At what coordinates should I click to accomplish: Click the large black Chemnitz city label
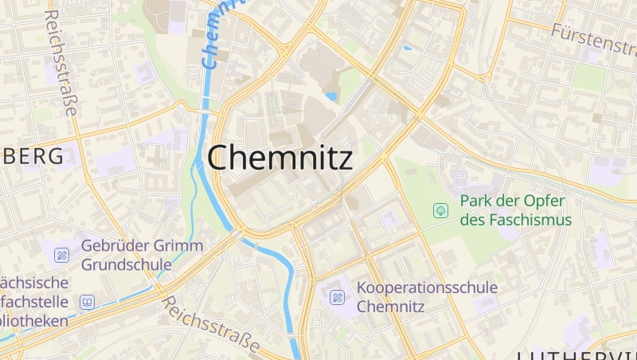point(279,158)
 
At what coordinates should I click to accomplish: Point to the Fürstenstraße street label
point(592,38)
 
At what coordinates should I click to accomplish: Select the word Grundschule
point(126,264)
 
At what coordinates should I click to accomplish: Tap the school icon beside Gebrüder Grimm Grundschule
point(61,255)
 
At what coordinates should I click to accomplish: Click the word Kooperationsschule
point(427,288)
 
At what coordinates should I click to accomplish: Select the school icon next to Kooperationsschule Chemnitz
point(337,297)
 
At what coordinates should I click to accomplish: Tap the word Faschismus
point(529,220)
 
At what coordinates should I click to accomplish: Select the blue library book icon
point(87,302)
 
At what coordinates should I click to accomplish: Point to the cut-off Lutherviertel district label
point(577,354)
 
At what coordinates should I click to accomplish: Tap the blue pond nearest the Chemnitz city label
point(331,96)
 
